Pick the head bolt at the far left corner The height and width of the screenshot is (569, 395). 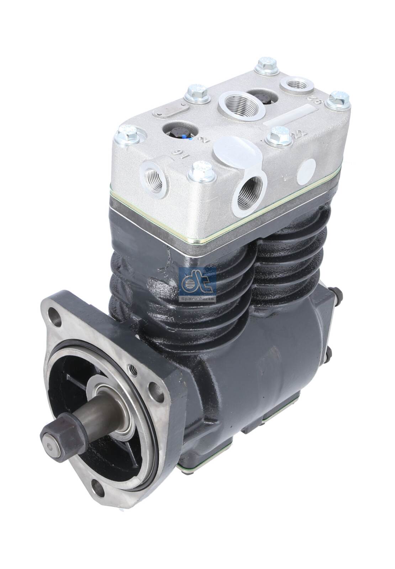127,134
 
